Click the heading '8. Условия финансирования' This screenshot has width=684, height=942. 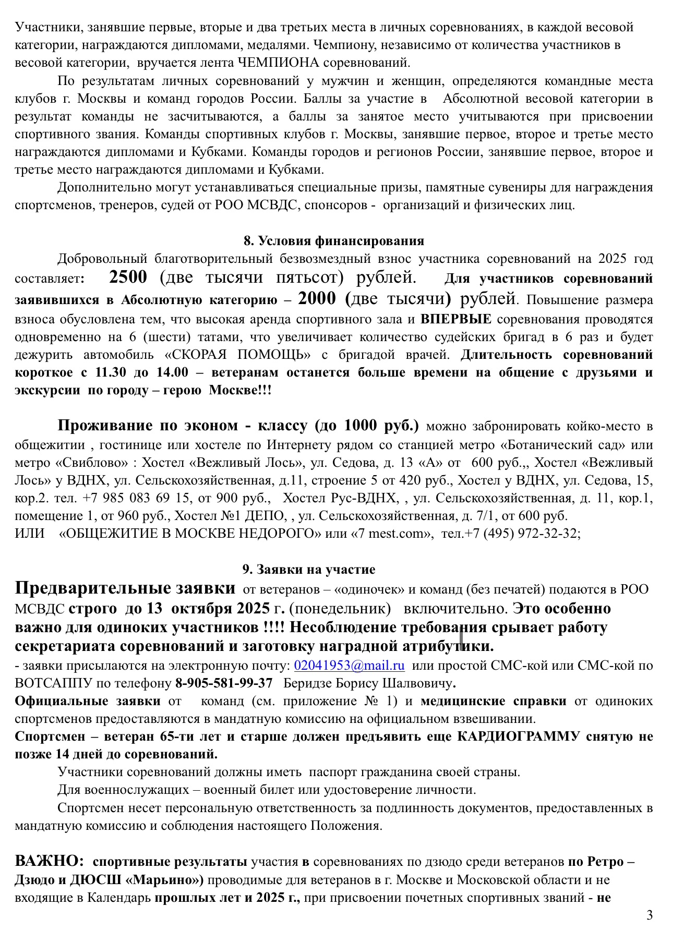(333, 240)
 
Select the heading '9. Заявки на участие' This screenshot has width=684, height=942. (309, 569)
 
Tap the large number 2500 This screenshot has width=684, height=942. (128, 277)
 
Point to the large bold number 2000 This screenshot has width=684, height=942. (317, 298)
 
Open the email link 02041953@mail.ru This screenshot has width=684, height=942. (349, 666)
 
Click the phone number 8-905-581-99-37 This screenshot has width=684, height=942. (224, 683)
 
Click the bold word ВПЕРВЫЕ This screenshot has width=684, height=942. (456, 319)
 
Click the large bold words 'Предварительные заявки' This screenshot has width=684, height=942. (125, 588)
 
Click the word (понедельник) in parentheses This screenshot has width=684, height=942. (340, 609)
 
